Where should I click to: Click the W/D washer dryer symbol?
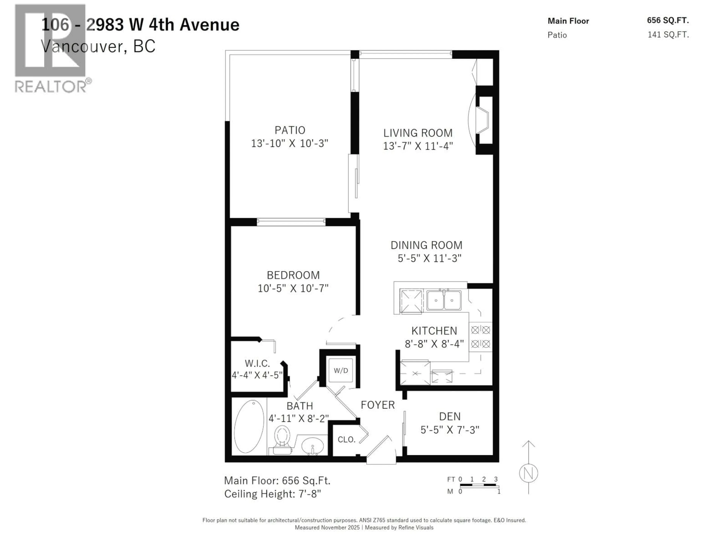pyautogui.click(x=341, y=371)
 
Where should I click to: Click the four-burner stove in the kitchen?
pyautogui.click(x=481, y=337)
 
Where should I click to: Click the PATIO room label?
pyautogui.click(x=290, y=130)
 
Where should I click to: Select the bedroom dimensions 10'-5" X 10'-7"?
pyautogui.click(x=293, y=288)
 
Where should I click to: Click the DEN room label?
pyautogui.click(x=450, y=417)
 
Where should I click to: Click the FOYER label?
pyautogui.click(x=377, y=405)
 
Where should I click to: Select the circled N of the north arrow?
pyautogui.click(x=528, y=473)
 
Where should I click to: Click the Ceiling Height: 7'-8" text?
pyautogui.click(x=272, y=494)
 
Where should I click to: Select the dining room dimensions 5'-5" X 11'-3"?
pyautogui.click(x=429, y=258)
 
